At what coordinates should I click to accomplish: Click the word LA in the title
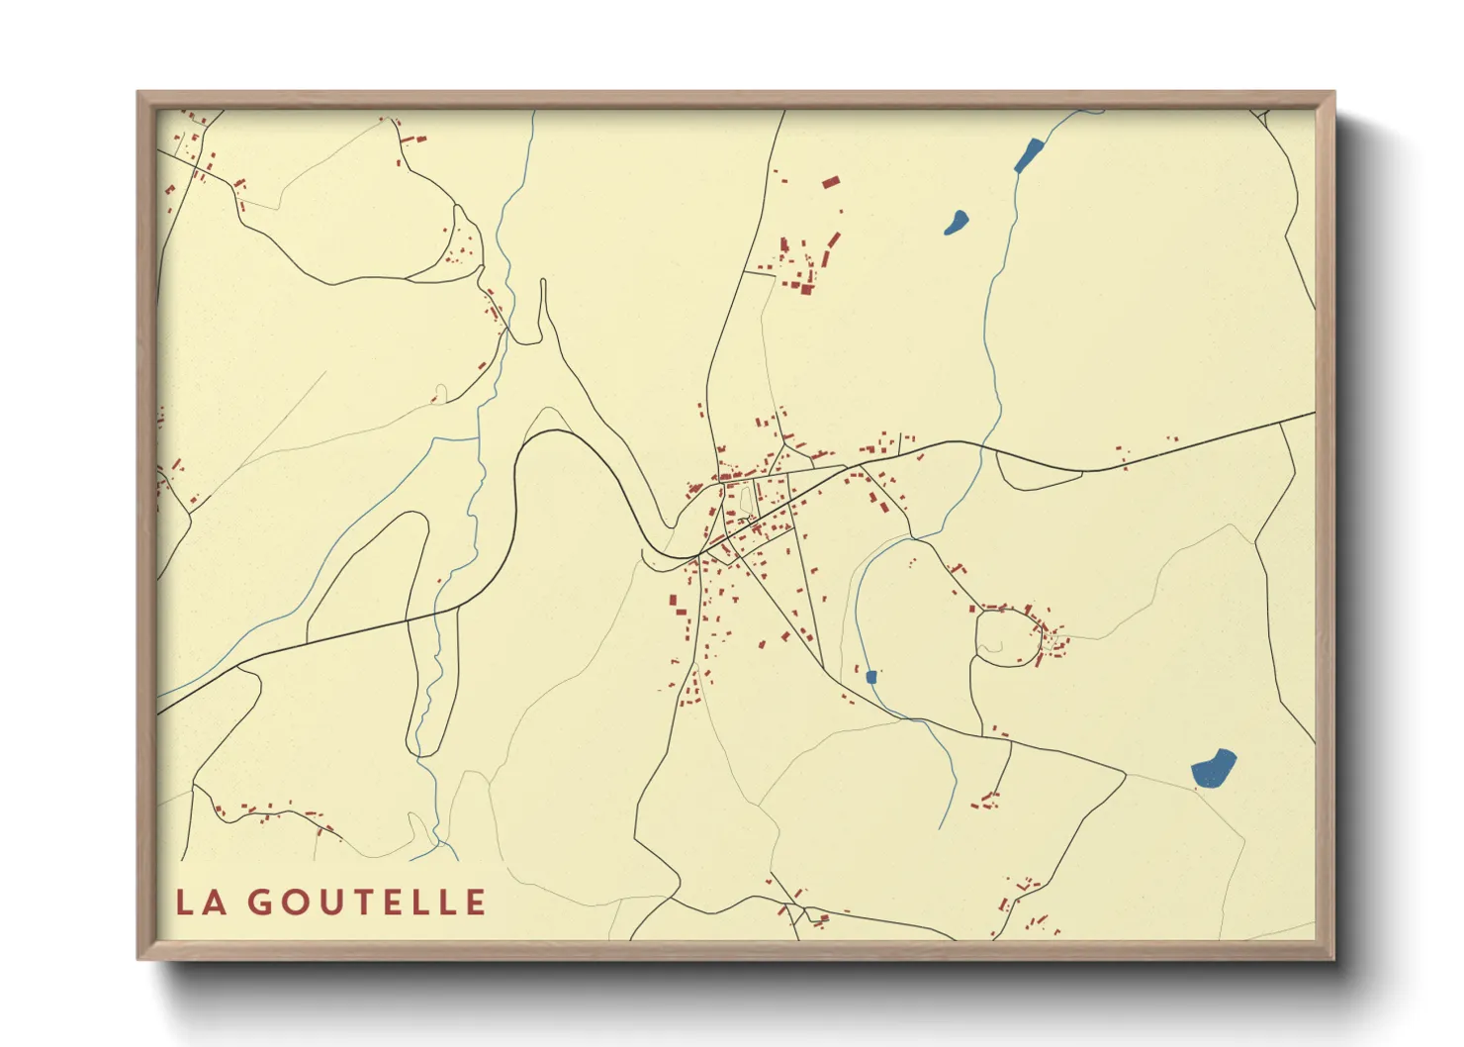tap(198, 903)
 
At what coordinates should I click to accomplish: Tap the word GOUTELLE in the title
tap(367, 903)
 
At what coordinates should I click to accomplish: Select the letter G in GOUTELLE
tap(260, 903)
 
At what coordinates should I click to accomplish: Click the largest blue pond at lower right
tap(1214, 769)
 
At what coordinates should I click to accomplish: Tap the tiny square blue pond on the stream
tap(871, 677)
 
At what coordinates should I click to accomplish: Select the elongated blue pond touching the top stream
tap(1029, 155)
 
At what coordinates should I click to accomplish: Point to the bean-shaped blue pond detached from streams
tap(957, 222)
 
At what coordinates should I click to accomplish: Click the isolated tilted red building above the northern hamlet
tap(830, 182)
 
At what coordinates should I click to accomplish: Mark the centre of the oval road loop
tap(1007, 637)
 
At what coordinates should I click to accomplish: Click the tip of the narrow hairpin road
tap(543, 281)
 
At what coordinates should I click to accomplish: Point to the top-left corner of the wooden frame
tap(138, 92)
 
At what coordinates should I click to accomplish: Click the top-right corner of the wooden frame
tap(1334, 92)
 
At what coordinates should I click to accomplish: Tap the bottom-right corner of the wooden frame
tap(1334, 959)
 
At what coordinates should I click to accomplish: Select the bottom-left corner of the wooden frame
tap(138, 959)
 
